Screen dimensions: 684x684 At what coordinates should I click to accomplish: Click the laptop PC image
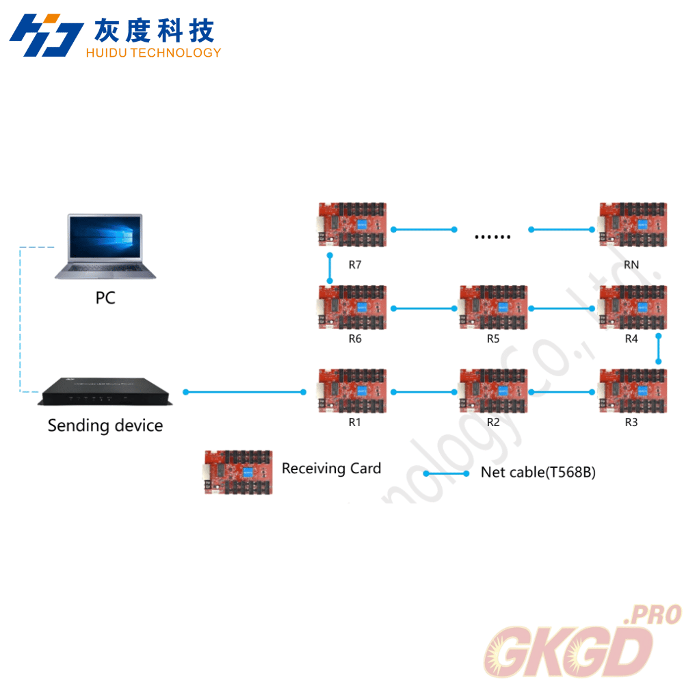click(x=105, y=246)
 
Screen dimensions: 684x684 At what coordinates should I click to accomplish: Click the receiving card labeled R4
click(x=631, y=308)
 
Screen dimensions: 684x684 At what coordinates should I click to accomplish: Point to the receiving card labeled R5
click(x=493, y=308)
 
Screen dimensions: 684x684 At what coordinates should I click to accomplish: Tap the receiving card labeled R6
click(x=354, y=308)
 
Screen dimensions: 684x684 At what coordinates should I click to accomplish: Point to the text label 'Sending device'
click(x=105, y=426)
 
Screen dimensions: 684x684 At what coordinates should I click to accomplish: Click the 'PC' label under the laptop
click(x=105, y=298)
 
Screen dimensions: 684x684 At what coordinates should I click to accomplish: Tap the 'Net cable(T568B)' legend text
click(x=538, y=473)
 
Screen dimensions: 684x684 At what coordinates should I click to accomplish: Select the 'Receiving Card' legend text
click(x=331, y=469)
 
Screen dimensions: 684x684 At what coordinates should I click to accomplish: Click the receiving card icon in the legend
click(x=238, y=472)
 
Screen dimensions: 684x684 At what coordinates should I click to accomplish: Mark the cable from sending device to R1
click(x=244, y=392)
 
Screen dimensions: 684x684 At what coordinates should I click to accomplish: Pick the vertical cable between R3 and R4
click(x=659, y=349)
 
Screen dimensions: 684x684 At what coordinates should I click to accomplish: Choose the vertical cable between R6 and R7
click(x=330, y=267)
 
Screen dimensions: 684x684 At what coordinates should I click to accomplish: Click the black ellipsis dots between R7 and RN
click(x=492, y=237)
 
